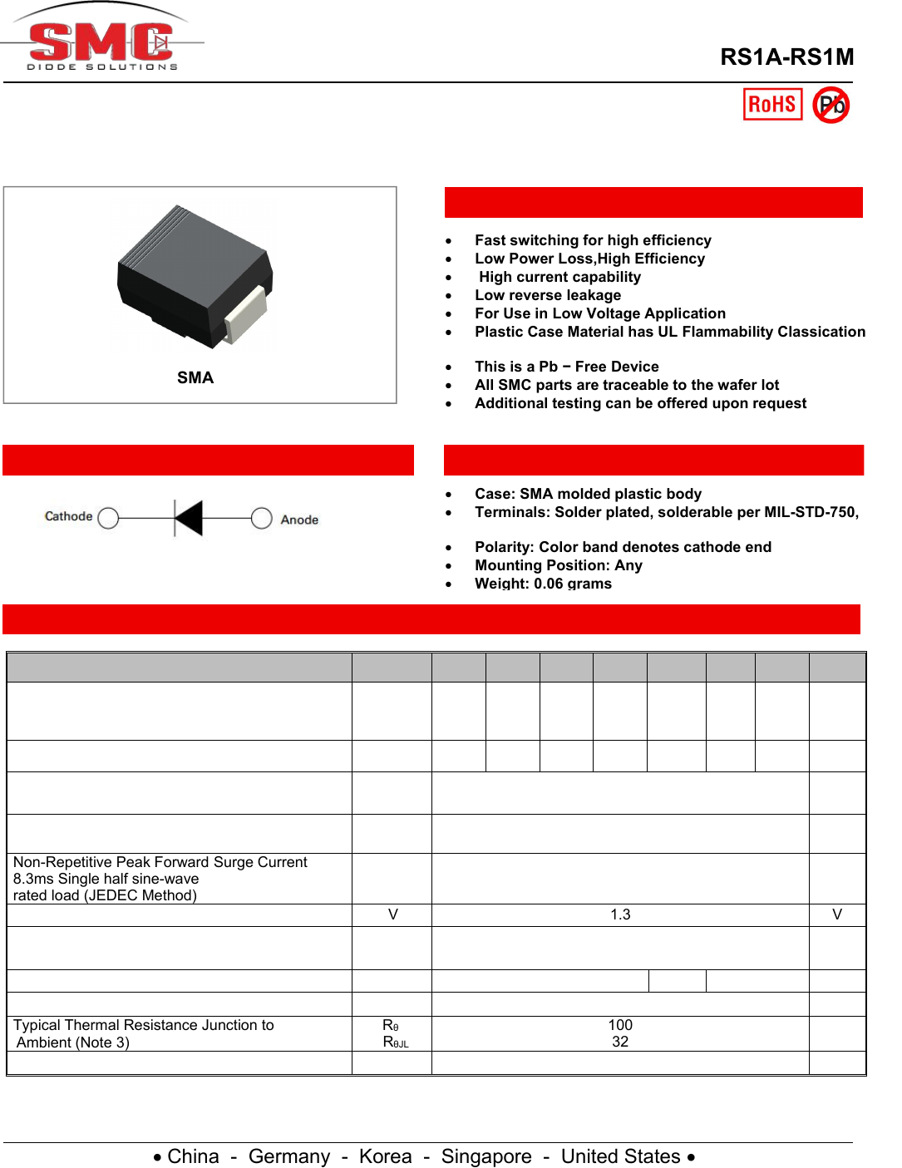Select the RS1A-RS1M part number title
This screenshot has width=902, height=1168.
tap(786, 57)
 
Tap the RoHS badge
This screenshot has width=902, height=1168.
tap(772, 105)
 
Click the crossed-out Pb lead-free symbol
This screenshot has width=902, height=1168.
tap(831, 106)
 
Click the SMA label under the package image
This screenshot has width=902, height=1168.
tap(195, 378)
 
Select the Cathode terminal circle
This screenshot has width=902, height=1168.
tap(108, 518)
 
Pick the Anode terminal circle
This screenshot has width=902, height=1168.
tap(262, 518)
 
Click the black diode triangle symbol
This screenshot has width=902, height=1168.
tap(189, 518)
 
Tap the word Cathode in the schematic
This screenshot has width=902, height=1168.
tap(68, 516)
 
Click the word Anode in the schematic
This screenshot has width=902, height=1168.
tap(299, 520)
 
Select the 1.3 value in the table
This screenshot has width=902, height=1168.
tap(620, 914)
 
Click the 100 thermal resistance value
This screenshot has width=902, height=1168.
tap(620, 1025)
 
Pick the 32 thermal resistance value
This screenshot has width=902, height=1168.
tap(620, 1042)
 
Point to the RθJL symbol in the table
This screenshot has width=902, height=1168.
tap(395, 1042)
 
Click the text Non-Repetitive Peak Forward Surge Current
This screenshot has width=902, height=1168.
tap(160, 862)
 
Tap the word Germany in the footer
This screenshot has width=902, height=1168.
tap(289, 1156)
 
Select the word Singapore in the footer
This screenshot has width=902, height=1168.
tap(486, 1156)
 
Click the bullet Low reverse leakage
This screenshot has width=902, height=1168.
tap(548, 295)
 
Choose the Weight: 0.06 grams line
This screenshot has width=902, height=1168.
tap(543, 584)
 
